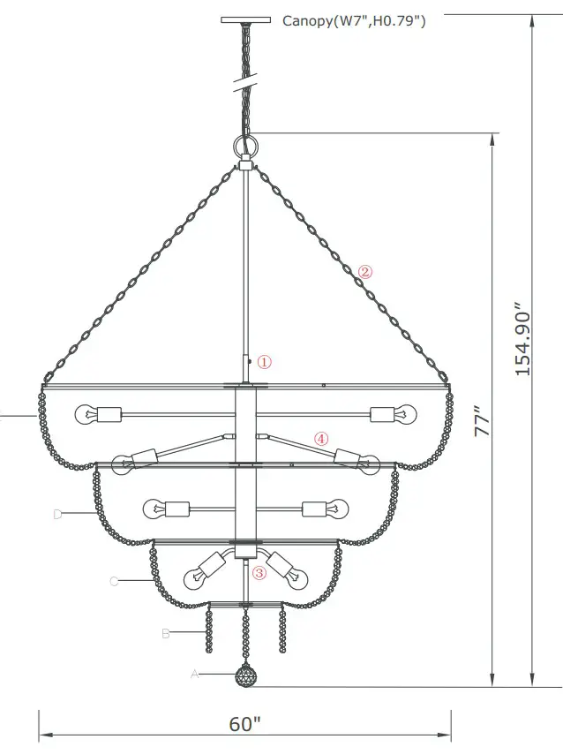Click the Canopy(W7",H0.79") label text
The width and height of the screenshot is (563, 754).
(x=353, y=20)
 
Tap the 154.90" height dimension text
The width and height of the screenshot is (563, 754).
(x=524, y=342)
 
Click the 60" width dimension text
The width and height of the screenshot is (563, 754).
(x=245, y=724)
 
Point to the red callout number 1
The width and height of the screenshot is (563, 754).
(x=265, y=362)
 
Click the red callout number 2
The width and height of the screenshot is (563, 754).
(x=365, y=272)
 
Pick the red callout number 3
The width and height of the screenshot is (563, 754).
(x=259, y=572)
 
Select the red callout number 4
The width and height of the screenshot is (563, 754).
(x=321, y=438)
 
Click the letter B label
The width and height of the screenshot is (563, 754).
(x=166, y=633)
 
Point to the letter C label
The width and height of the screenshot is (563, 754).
(x=114, y=581)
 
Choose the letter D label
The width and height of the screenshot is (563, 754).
(x=57, y=514)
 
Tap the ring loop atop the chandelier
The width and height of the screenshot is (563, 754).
(x=245, y=144)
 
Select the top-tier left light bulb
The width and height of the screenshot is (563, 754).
(x=87, y=413)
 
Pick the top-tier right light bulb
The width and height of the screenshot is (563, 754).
(x=403, y=413)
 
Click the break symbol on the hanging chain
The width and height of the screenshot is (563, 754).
(x=245, y=85)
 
